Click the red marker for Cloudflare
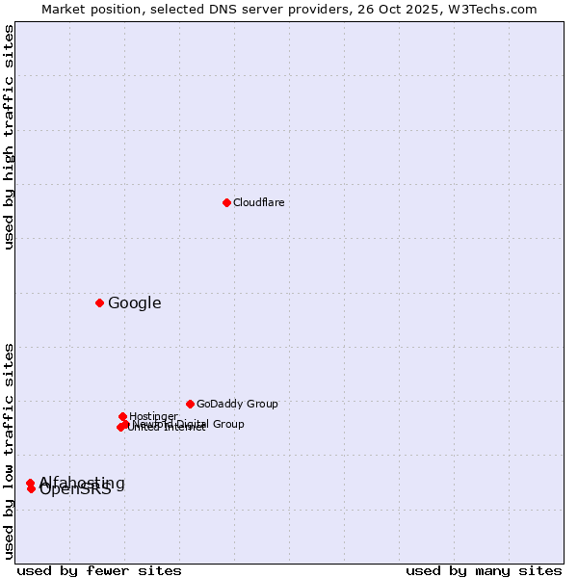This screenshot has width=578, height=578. (x=226, y=202)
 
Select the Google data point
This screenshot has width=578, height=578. (x=99, y=302)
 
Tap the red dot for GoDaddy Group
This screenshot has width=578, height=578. (x=190, y=404)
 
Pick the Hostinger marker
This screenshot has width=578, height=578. (x=122, y=416)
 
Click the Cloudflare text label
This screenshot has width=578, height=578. (x=258, y=202)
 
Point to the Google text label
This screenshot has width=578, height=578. (x=134, y=303)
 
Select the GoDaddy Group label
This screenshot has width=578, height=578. (x=237, y=404)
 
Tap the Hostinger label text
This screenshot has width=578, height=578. (x=153, y=416)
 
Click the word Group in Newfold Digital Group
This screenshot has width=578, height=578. (x=227, y=424)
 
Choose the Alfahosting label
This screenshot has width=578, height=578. (x=83, y=482)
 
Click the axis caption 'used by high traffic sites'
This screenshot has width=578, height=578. (x=9, y=137)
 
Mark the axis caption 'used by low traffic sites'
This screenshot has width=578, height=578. (x=9, y=451)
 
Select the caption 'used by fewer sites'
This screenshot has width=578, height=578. (x=99, y=570)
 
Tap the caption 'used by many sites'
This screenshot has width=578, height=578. (x=484, y=570)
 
